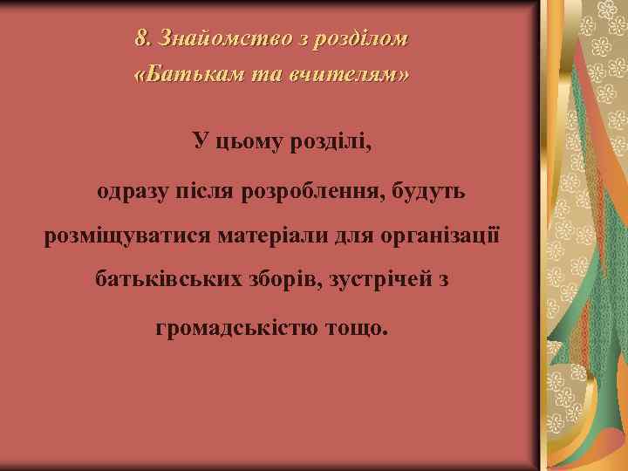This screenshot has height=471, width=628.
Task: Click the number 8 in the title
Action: [141, 39]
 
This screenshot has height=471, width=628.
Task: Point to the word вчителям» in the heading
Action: [353, 75]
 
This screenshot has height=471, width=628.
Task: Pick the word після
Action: [210, 189]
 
